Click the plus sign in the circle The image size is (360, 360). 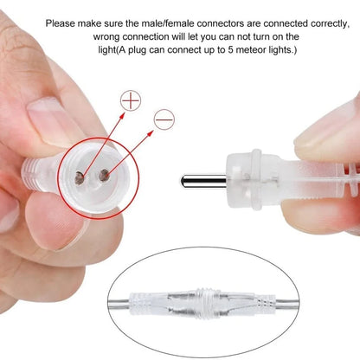(x=131, y=100)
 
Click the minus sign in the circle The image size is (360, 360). (x=164, y=119)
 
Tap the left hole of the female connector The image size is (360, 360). (x=80, y=177)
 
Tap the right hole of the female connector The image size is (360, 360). (x=103, y=176)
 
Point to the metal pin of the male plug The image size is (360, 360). (x=203, y=181)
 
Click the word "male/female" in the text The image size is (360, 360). (x=160, y=23)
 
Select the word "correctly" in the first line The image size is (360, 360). (x=330, y=24)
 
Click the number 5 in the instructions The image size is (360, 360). (x=230, y=49)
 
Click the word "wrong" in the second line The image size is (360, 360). (x=106, y=37)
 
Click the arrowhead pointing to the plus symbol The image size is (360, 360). (x=122, y=116)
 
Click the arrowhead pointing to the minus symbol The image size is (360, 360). (x=151, y=133)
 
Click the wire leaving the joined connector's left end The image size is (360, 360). (x=119, y=304)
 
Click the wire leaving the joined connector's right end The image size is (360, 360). (x=287, y=304)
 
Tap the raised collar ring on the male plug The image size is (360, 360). (x=256, y=179)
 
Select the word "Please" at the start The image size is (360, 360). (x=60, y=23)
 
